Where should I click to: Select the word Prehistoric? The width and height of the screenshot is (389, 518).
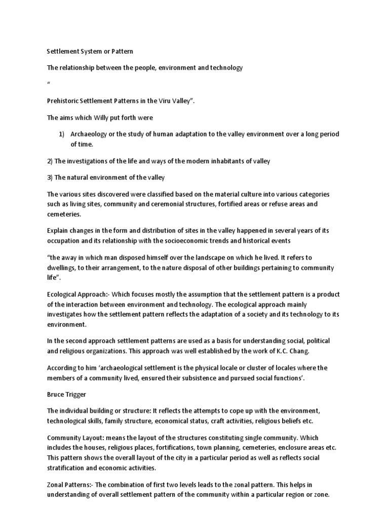coord(65,101)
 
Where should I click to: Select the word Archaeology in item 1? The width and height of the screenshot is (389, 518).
coord(92,134)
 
